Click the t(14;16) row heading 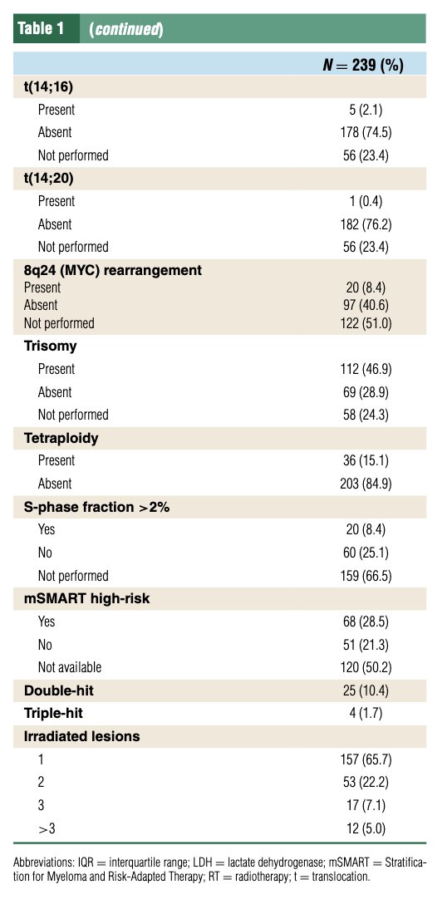48,86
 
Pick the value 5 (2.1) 366,109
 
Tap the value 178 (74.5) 366,132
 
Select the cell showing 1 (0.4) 366,201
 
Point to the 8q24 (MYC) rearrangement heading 113,270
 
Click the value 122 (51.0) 366,322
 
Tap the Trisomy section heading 51,346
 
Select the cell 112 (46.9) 366,369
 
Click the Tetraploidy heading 61,438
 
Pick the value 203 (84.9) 366,484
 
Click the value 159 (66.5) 366,576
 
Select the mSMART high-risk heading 87,598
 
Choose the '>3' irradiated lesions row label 47,828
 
